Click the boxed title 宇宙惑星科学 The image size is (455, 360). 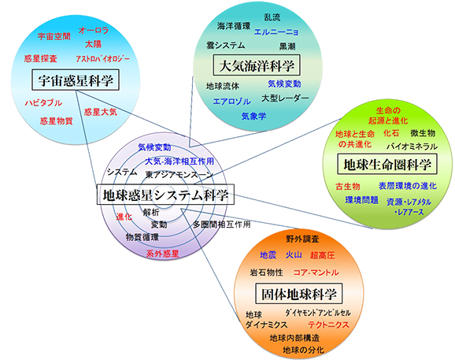[76, 80]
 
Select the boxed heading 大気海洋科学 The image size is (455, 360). [257, 65]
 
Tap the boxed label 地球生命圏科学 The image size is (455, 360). [387, 165]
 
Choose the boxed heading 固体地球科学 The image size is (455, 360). [298, 294]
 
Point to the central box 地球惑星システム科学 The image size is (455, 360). [165, 195]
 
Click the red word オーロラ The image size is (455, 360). [94, 30]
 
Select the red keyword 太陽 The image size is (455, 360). [93, 44]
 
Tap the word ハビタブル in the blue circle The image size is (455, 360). [43, 102]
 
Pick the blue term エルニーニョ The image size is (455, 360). [276, 32]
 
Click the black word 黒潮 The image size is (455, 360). [287, 46]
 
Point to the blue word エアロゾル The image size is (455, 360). [232, 102]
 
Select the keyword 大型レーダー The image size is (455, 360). [285, 98]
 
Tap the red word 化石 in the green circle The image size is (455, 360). [391, 133]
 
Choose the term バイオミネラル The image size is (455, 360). [412, 147]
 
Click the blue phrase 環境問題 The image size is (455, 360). [361, 200]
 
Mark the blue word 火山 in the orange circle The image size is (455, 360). [294, 255]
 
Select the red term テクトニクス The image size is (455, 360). [328, 325]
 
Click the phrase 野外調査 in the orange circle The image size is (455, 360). [302, 239]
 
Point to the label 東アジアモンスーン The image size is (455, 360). [179, 174]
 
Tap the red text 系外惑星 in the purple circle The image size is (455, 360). [162, 254]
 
